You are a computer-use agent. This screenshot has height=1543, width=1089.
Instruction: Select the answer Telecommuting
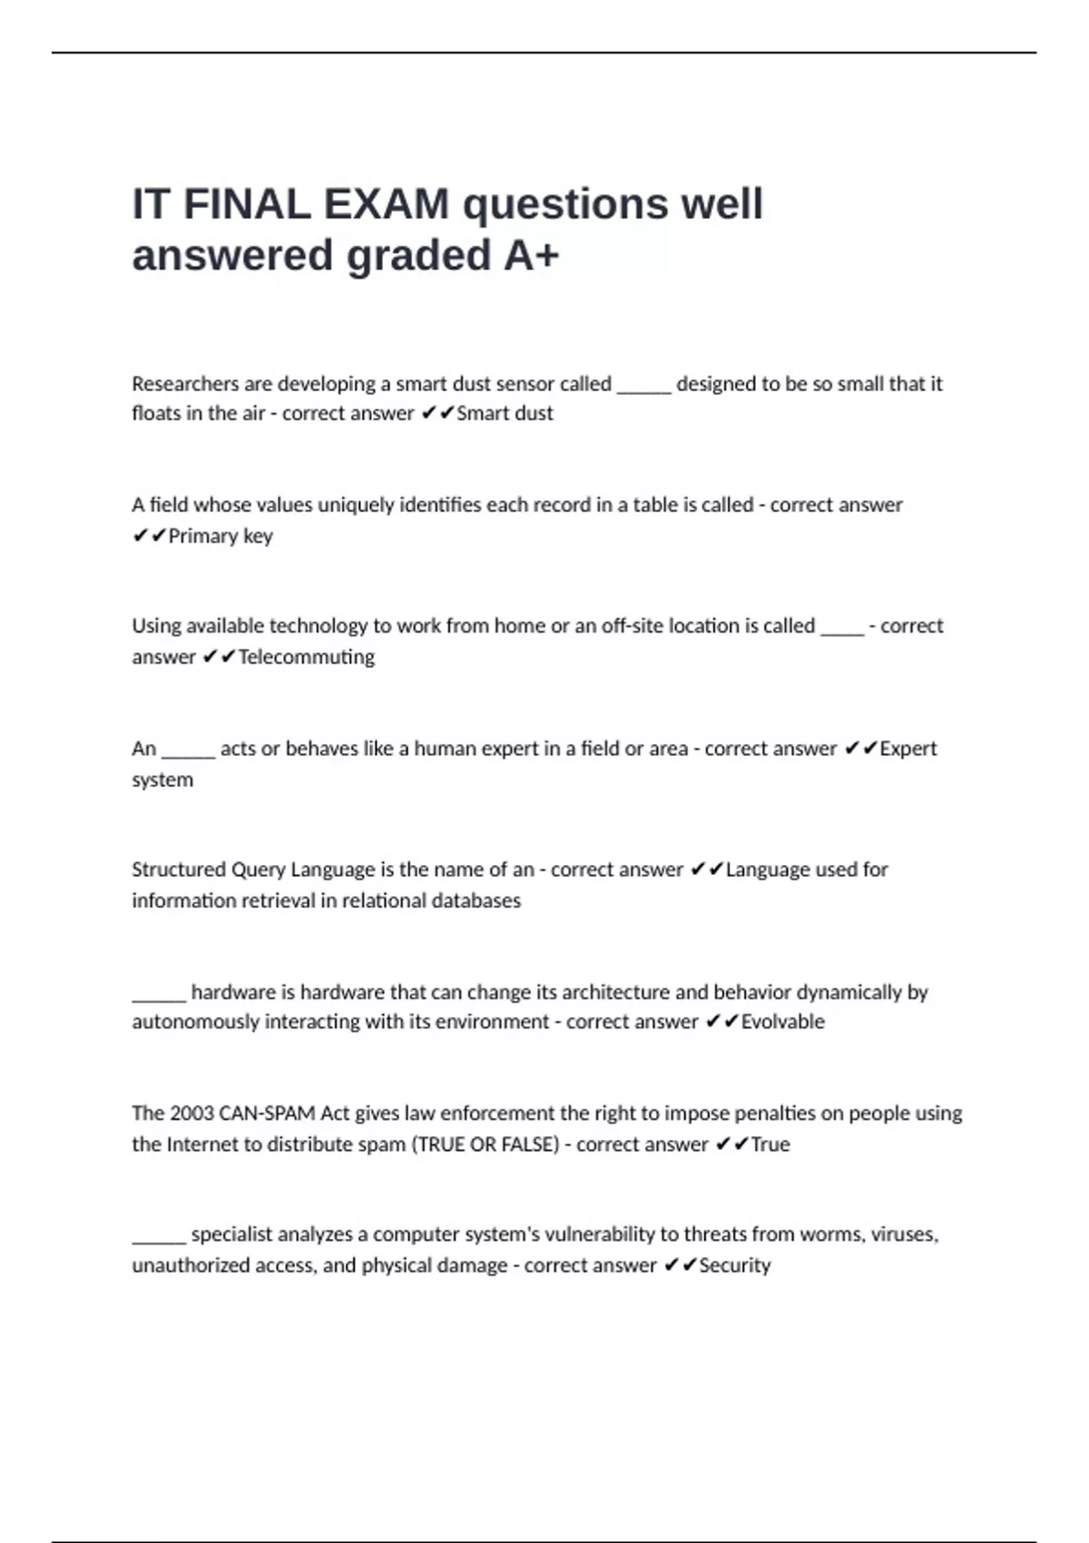pyautogui.click(x=306, y=657)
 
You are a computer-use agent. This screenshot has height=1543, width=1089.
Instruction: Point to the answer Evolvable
pyautogui.click(x=782, y=1022)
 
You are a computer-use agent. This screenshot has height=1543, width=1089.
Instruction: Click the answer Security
pyautogui.click(x=734, y=1265)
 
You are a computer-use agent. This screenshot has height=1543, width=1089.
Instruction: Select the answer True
pyautogui.click(x=770, y=1145)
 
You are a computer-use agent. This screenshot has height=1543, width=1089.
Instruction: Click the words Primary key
pyautogui.click(x=221, y=536)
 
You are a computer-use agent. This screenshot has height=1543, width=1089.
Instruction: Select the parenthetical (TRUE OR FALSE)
pyautogui.click(x=486, y=1145)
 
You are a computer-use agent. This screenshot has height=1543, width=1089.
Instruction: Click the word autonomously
pyautogui.click(x=195, y=1022)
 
